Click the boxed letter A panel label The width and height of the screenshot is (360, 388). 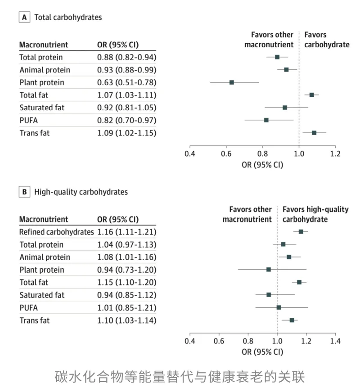click(x=24, y=17)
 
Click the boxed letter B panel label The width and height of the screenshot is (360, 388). click(x=24, y=192)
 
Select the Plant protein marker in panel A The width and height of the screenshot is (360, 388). click(x=232, y=82)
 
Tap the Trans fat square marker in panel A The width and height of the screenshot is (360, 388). click(x=314, y=133)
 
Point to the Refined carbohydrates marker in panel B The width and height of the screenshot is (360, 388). click(x=301, y=232)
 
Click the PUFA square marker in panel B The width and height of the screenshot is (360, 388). click(x=279, y=307)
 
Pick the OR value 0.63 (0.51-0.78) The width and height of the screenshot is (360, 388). click(x=127, y=82)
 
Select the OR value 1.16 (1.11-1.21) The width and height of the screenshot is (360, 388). click(x=127, y=232)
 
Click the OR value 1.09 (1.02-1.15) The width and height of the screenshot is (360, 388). click(x=127, y=133)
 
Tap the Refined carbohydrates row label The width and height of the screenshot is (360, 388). click(x=57, y=232)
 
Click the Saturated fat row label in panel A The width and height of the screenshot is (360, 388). click(x=42, y=108)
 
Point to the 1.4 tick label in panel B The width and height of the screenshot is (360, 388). click(x=335, y=341)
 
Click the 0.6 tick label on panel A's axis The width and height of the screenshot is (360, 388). click(x=226, y=153)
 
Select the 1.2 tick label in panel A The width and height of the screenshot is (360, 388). click(x=335, y=153)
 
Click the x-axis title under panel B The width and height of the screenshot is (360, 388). click(x=262, y=352)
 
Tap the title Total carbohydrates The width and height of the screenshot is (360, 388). click(x=68, y=17)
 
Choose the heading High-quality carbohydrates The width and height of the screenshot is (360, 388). click(x=81, y=192)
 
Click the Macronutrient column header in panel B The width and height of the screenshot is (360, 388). click(x=44, y=219)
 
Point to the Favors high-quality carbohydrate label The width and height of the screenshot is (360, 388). click(x=315, y=214)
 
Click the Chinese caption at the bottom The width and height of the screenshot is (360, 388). click(x=180, y=377)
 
